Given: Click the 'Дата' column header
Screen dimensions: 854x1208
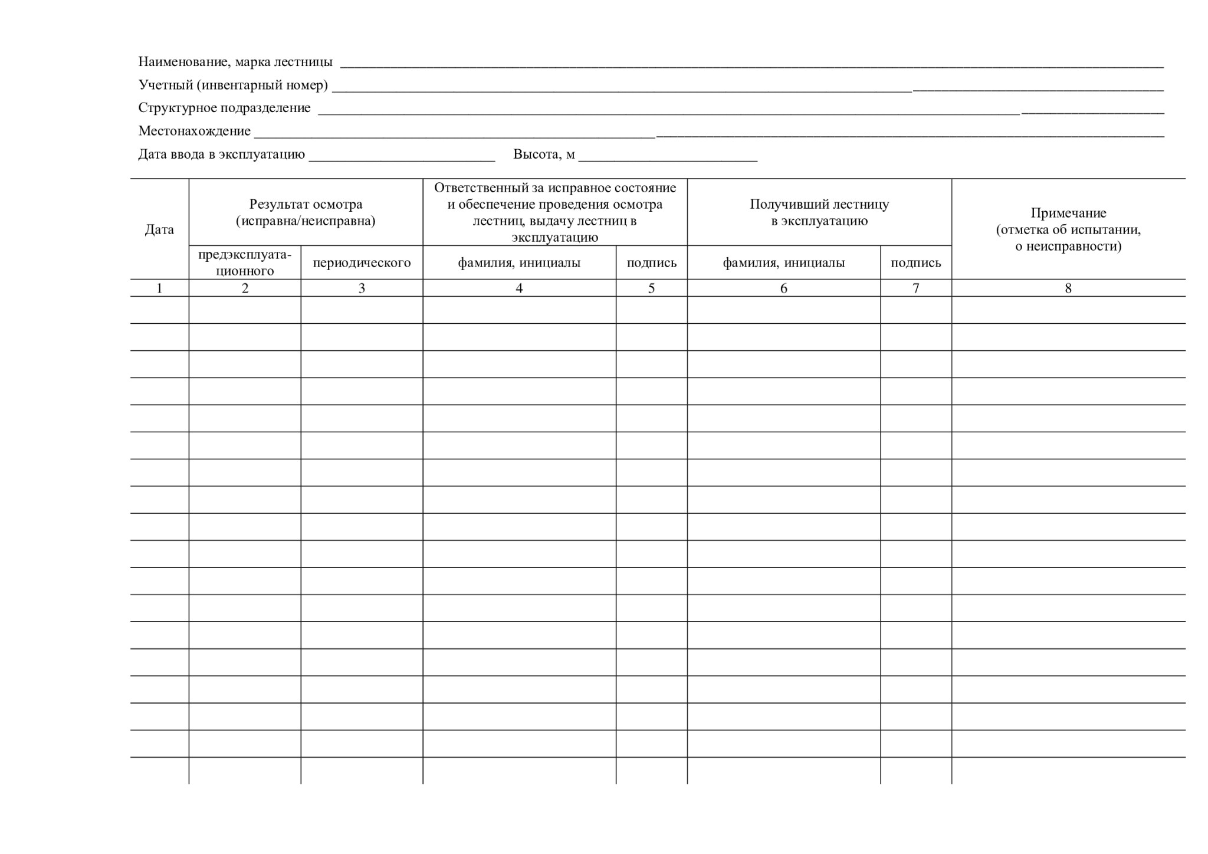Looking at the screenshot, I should pyautogui.click(x=159, y=229).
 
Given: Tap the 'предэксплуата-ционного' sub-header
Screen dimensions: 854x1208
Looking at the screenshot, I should pyautogui.click(x=245, y=262).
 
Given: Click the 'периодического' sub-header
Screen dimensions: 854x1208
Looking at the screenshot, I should pyautogui.click(x=362, y=262).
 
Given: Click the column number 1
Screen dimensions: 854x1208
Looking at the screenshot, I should pyautogui.click(x=159, y=288).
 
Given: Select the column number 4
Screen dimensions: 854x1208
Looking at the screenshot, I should pyautogui.click(x=519, y=288).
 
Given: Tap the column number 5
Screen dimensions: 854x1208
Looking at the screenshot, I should pyautogui.click(x=651, y=288).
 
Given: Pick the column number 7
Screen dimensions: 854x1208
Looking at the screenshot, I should pyautogui.click(x=915, y=288).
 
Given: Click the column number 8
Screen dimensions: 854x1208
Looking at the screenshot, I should pyautogui.click(x=1068, y=288).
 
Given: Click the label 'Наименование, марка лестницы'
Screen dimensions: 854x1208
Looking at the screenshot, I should pyautogui.click(x=235, y=62).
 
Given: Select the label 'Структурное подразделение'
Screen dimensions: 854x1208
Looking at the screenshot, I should pyautogui.click(x=224, y=108).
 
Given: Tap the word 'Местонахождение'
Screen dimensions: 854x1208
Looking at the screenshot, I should pyautogui.click(x=194, y=131).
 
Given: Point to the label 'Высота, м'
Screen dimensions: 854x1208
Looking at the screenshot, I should pyautogui.click(x=544, y=155).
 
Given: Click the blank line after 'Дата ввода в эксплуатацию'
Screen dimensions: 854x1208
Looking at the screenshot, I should pyautogui.click(x=402, y=156).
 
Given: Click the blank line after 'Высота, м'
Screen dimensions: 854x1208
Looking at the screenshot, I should pyautogui.click(x=668, y=156).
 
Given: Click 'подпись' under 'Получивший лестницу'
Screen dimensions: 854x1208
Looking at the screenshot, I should pyautogui.click(x=915, y=262).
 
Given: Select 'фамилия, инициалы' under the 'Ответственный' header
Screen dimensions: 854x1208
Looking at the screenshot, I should pyautogui.click(x=519, y=262).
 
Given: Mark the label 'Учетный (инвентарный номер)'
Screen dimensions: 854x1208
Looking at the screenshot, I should pyautogui.click(x=233, y=85).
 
